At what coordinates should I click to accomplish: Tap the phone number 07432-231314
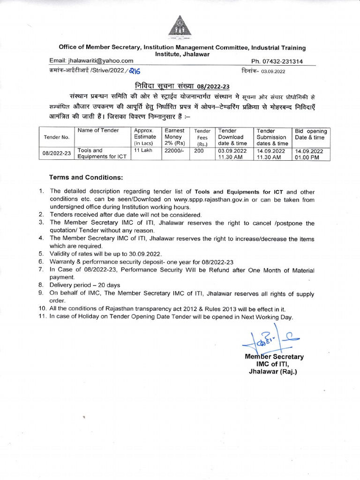(277, 61)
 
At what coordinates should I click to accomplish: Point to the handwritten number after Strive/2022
(134, 71)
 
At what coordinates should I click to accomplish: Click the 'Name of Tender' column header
(98, 130)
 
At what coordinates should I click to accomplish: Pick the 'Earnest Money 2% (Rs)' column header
(174, 136)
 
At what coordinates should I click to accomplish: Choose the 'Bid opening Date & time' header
(311, 134)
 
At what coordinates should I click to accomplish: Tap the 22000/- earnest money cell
(173, 151)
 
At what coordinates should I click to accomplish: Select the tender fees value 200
(199, 151)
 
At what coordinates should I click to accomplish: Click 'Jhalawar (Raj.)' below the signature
(273, 372)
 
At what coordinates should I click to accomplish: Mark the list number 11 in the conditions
(42, 317)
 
